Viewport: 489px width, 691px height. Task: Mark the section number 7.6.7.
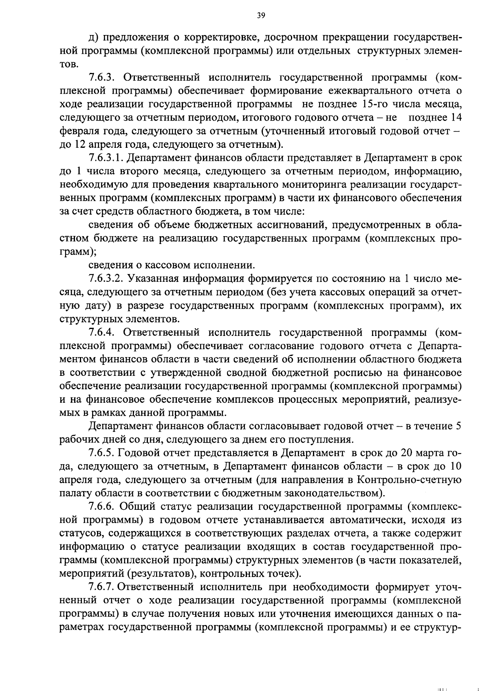click(101, 587)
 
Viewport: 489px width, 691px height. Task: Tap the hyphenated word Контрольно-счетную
click(409, 480)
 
